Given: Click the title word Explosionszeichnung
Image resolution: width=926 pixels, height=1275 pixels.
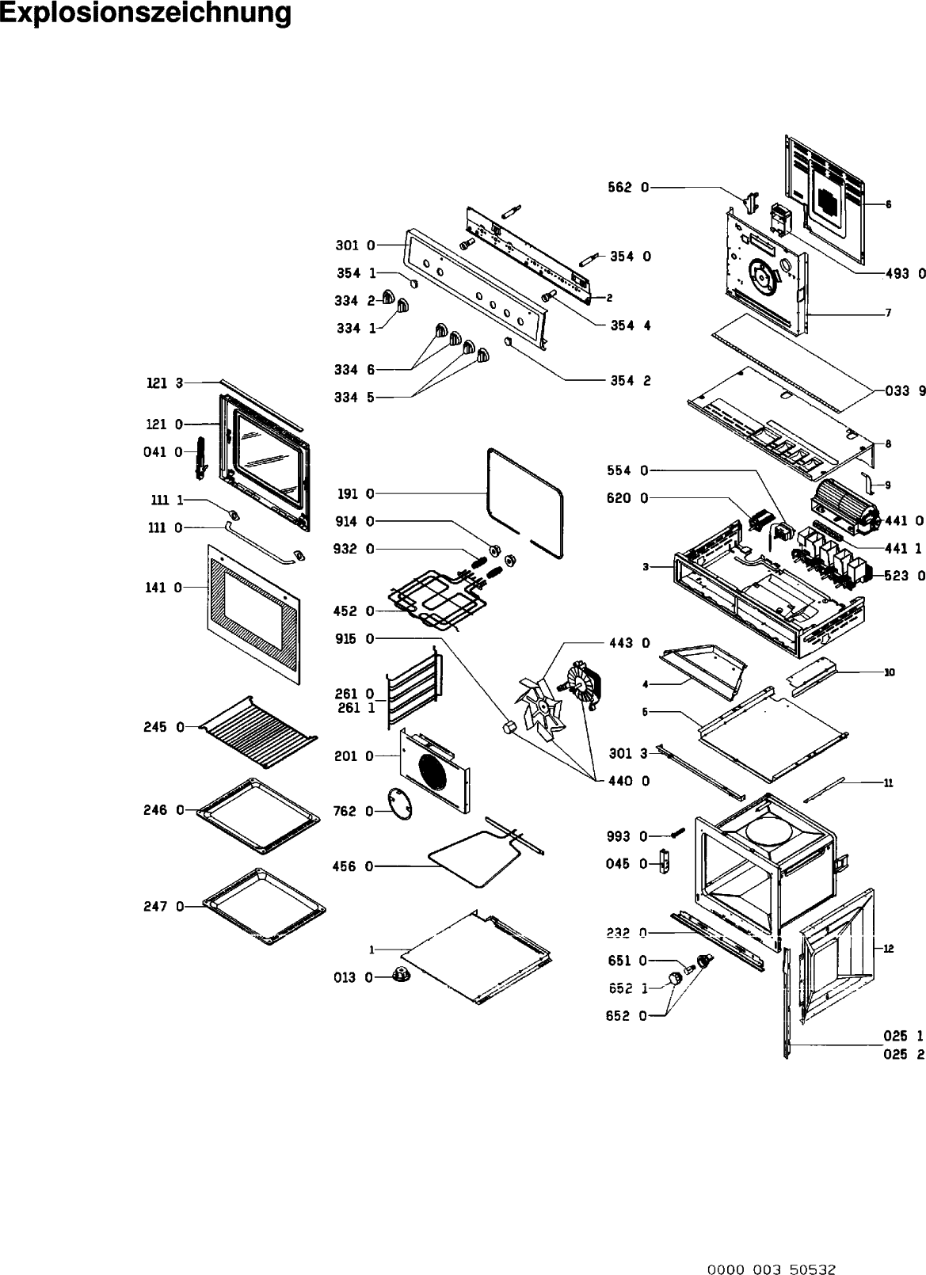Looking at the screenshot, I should point(146,13).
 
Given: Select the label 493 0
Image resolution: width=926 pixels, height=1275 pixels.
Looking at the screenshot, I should point(904,274).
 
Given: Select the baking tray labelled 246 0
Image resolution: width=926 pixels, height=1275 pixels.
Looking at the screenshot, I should point(258,816).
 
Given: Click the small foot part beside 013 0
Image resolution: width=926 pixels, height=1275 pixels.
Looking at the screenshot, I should point(403,975).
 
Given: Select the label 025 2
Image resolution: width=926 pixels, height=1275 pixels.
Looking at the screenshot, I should point(903,1054).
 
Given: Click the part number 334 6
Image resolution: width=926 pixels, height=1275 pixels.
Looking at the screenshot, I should point(353,369).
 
